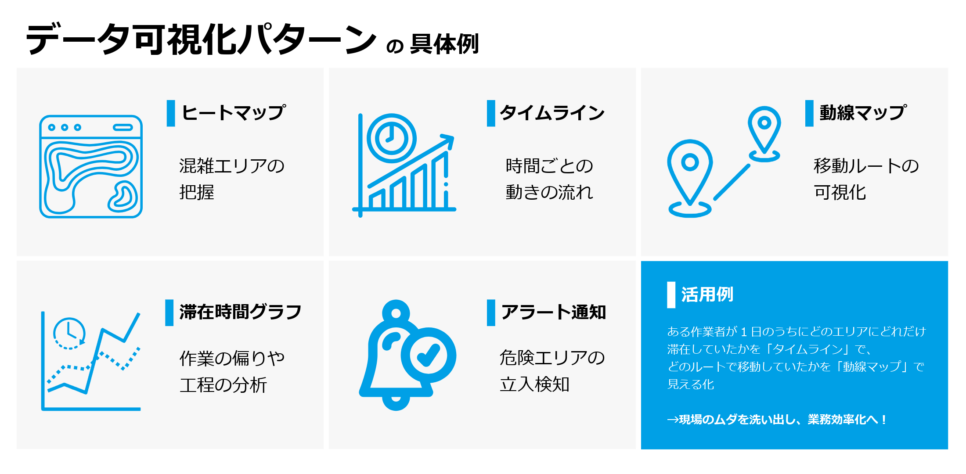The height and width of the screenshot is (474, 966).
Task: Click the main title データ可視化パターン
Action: (x=201, y=39)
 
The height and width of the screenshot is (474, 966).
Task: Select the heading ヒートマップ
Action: (x=234, y=113)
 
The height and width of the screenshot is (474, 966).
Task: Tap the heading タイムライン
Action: (x=552, y=113)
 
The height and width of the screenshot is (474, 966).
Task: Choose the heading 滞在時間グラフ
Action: (x=241, y=312)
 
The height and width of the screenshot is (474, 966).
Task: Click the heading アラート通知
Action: (x=554, y=312)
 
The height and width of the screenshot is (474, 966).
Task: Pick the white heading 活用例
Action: (x=707, y=294)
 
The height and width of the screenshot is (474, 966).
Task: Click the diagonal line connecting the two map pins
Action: (x=732, y=182)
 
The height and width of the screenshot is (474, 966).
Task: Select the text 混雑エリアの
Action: (x=232, y=166)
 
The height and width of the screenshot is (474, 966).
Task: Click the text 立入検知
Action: (x=535, y=384)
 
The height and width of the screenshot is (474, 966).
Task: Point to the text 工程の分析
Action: (x=223, y=385)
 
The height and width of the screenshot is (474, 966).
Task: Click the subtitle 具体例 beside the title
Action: (x=444, y=44)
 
